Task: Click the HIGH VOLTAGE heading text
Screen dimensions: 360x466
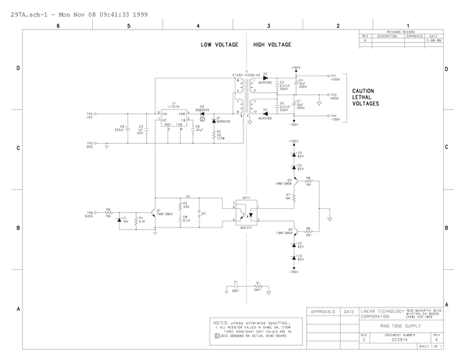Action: click(x=272, y=45)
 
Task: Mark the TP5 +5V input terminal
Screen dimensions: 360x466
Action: click(x=90, y=114)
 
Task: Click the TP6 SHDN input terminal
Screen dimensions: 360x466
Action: click(x=90, y=213)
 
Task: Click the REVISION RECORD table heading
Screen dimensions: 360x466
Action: click(x=401, y=32)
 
